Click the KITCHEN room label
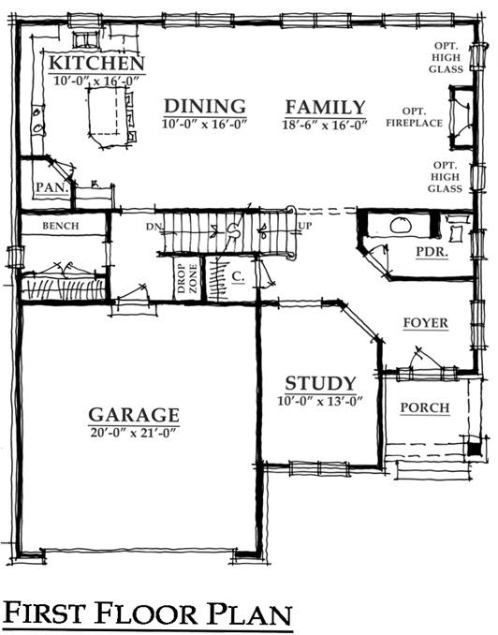pos(96,64)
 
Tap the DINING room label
pos(205,106)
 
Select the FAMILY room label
pos(325,108)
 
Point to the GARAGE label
pos(134,415)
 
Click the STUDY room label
pos(320,383)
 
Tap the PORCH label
pos(425,407)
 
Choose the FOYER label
pos(426,323)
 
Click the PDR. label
pos(432,252)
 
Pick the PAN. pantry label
pos(51,187)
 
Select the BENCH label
pos(61,226)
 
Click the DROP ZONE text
pos(187,278)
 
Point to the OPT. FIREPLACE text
pos(414,117)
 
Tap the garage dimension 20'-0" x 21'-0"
pos(134,433)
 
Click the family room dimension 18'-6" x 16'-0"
pos(324,125)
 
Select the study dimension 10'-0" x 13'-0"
pos(319,401)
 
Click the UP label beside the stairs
pos(305,226)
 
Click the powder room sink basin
pos(401,225)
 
